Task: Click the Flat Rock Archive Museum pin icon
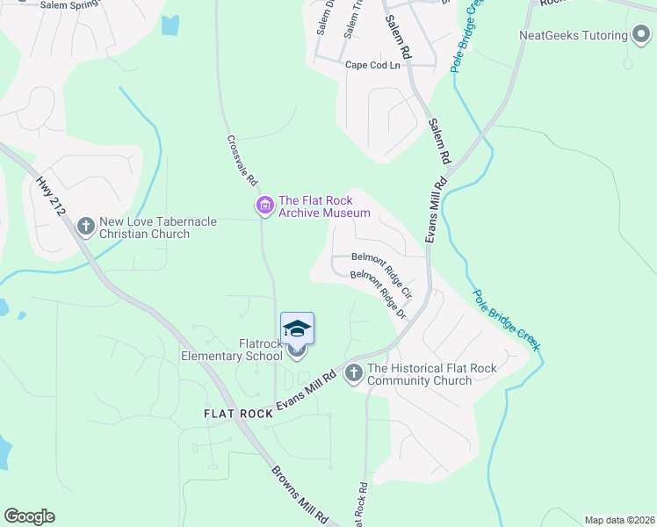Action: pos(264,206)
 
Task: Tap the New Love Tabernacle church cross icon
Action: pos(86,227)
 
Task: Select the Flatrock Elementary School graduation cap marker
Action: pos(297,328)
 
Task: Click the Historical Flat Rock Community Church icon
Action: pos(354,373)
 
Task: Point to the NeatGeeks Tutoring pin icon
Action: pos(641,35)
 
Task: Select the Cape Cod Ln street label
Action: pos(372,65)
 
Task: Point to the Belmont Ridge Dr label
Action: pos(380,293)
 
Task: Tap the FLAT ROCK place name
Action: pos(238,413)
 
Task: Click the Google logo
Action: pos(29,516)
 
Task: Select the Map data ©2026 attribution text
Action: pos(619,519)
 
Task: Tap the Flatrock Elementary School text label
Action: pos(232,350)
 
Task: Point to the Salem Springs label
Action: pos(70,4)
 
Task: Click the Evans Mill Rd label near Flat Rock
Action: pos(307,390)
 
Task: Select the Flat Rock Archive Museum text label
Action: pos(324,206)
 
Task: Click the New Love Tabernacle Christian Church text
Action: pos(144,227)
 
